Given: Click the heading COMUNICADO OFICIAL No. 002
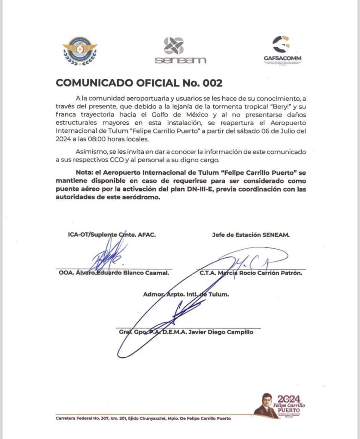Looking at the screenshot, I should pos(139,83).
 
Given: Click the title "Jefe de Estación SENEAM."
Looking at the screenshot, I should pos(251,235).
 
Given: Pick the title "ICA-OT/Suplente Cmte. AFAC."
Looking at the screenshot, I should pos(112,235).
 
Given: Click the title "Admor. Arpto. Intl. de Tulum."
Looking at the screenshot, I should pos(186,295).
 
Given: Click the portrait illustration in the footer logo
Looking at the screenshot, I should pos(265,405).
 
